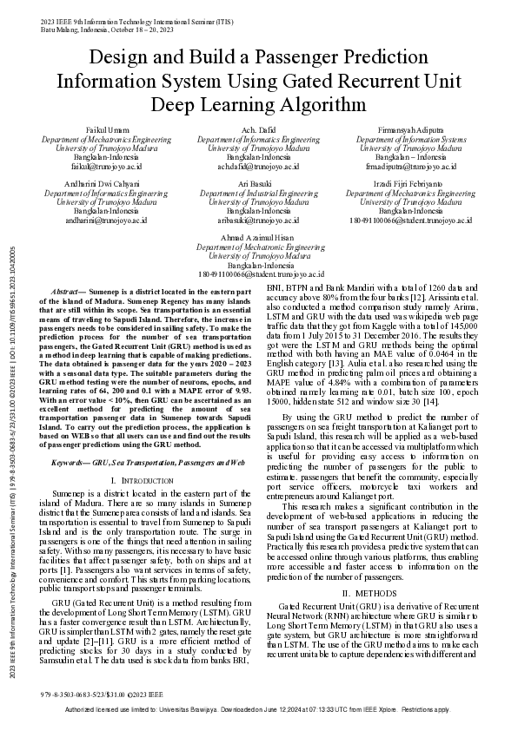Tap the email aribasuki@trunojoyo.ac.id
pyautogui.click(x=258, y=221)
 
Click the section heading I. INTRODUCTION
pyautogui.click(x=143, y=480)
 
